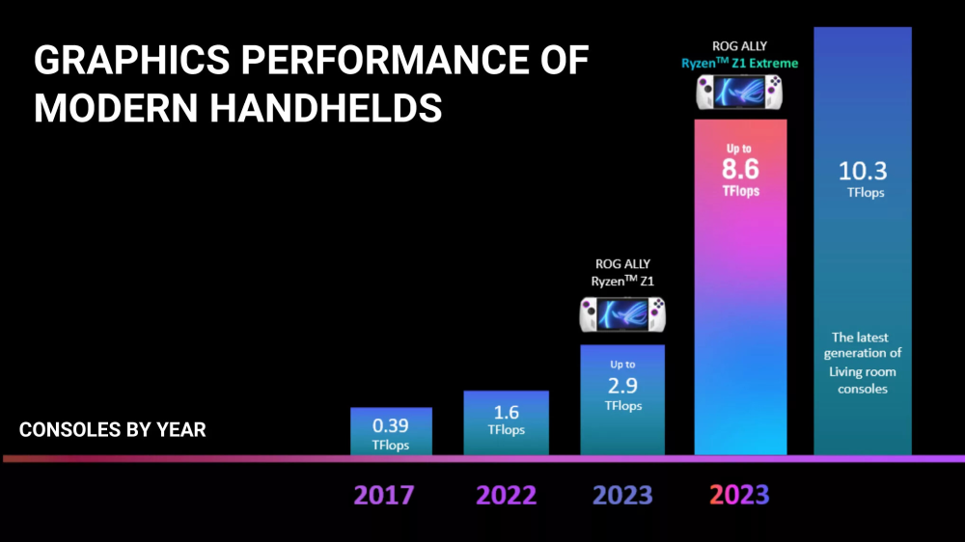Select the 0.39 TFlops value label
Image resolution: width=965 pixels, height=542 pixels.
tap(391, 425)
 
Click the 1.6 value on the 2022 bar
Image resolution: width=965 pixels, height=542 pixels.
tap(507, 412)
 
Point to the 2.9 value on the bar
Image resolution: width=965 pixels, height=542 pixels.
tap(622, 385)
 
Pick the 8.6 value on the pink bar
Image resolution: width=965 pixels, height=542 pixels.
tap(740, 170)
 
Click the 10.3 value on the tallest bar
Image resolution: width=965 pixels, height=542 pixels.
tap(864, 172)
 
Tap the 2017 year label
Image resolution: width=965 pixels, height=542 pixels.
tap(383, 495)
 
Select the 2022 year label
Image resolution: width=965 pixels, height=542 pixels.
tap(506, 495)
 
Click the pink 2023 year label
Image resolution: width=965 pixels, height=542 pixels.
tap(739, 495)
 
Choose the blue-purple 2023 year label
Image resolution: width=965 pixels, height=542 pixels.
tap(622, 495)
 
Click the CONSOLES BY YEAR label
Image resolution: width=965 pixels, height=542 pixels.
tap(112, 429)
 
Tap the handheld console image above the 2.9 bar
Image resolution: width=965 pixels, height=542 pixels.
tap(622, 315)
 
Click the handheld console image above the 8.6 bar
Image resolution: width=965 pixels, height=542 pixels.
tap(739, 93)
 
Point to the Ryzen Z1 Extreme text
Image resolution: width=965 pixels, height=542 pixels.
tap(739, 64)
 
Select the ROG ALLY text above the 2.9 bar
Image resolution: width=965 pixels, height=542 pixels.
tap(622, 263)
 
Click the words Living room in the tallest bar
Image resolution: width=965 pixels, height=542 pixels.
tap(863, 371)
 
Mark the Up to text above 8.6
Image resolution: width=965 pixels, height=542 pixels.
tap(740, 149)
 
